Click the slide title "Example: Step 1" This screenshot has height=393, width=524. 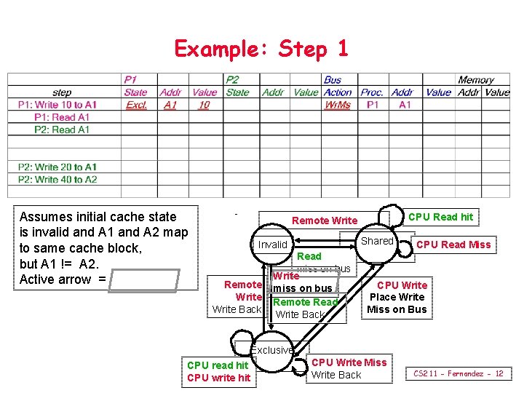coord(261,49)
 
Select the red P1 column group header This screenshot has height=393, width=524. coord(130,80)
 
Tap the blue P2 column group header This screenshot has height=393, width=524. coord(232,80)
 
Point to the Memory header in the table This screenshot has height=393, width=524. coord(476,80)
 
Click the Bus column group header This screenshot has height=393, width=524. coord(333,80)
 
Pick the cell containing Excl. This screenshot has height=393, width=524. coord(136,105)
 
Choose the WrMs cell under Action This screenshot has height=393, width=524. coord(338,105)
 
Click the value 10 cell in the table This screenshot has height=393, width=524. coord(204,105)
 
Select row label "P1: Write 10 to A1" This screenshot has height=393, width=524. coord(57,105)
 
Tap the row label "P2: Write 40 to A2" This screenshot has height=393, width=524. coord(57,179)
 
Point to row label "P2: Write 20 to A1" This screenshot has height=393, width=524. coord(57,167)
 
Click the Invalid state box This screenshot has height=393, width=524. coord(273,245)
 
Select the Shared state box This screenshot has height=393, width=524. coord(377,241)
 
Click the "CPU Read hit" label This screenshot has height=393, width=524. coord(440,217)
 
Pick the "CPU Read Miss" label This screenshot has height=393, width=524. coord(453,245)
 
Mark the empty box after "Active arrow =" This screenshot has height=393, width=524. coord(144,280)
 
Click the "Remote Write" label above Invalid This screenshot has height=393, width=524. coord(325,221)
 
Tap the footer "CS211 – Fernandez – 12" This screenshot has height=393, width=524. coord(458,373)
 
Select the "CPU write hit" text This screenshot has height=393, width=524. coord(218,377)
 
